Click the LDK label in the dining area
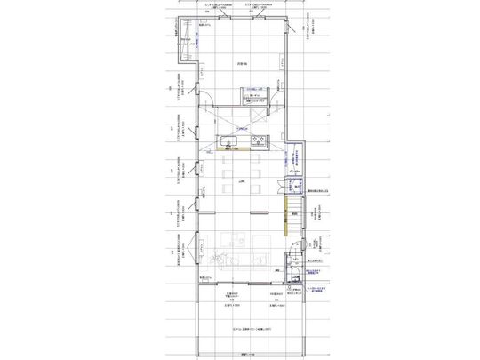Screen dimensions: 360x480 241,181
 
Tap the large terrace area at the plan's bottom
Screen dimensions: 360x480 244,324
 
